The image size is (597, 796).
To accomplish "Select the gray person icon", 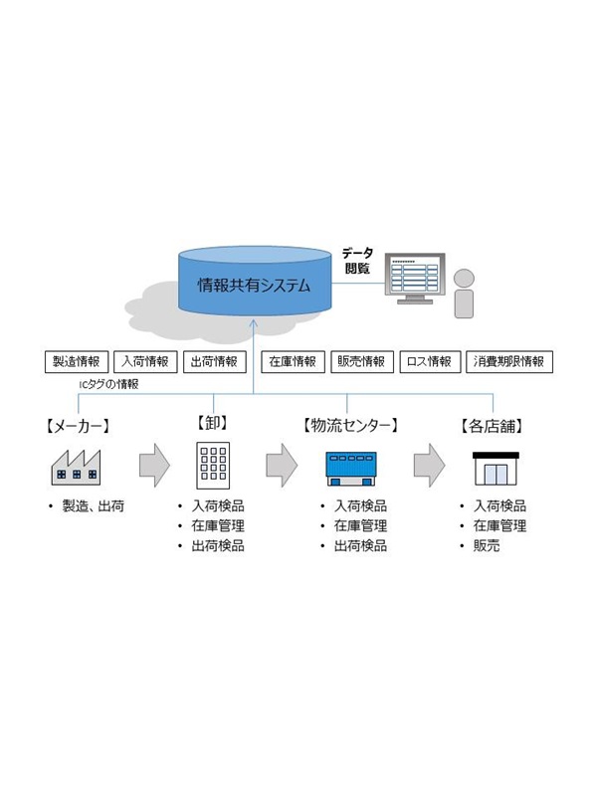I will tap(464, 293).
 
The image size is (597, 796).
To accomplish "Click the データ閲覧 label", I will tap(357, 261).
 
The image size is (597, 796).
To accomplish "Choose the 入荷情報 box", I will tap(145, 361).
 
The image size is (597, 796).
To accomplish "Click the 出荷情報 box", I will tap(214, 361).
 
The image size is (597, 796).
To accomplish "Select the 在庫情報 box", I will tap(292, 361).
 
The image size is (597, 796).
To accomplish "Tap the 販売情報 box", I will tap(360, 361).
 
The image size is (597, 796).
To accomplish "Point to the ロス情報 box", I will tap(428, 361).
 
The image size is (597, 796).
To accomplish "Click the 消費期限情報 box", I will tap(508, 361).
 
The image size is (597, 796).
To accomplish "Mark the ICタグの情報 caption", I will tap(108, 383).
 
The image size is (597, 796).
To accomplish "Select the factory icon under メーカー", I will tap(78, 466).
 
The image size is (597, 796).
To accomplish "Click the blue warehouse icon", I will tap(353, 466).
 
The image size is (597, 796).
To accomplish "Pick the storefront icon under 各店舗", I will tap(494, 467).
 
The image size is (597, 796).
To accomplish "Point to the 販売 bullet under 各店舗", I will tap(490, 546).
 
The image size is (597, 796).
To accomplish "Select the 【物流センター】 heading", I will tap(350, 426).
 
